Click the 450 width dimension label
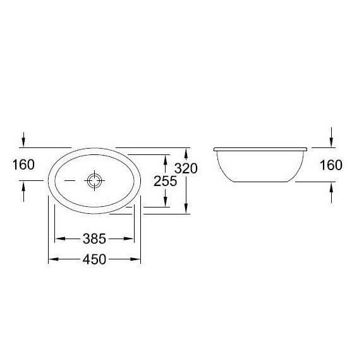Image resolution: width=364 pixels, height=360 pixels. [x=94, y=259]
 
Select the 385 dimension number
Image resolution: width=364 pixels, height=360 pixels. [x=94, y=239]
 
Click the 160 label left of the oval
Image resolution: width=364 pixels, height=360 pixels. [x=23, y=165]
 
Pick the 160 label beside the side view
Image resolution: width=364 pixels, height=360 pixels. [x=331, y=165]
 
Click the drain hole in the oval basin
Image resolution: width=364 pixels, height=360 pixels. [x=95, y=180]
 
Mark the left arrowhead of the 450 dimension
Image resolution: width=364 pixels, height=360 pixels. [x=53, y=259]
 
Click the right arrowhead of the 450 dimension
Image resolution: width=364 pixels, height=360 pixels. [x=136, y=259]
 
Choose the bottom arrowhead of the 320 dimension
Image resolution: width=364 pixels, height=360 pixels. [x=186, y=210]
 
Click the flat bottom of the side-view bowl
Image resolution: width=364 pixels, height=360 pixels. [x=261, y=181]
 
